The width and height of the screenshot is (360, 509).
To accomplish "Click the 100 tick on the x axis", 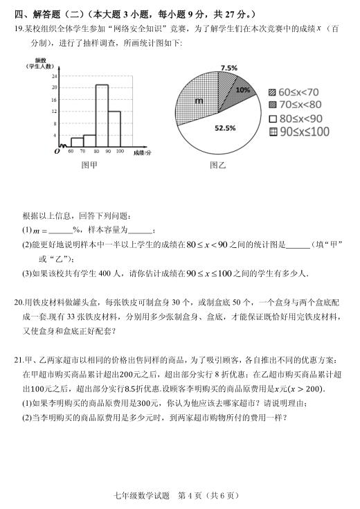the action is pyautogui.click(x=120, y=150).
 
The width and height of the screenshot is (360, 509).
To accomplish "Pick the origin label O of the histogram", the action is pyautogui.click(x=57, y=151).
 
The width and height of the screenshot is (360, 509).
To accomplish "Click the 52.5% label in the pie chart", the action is pyautogui.click(x=224, y=128).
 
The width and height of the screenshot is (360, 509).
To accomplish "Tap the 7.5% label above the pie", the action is pyautogui.click(x=228, y=68).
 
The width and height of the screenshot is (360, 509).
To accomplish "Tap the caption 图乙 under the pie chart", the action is pyautogui.click(x=218, y=166).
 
